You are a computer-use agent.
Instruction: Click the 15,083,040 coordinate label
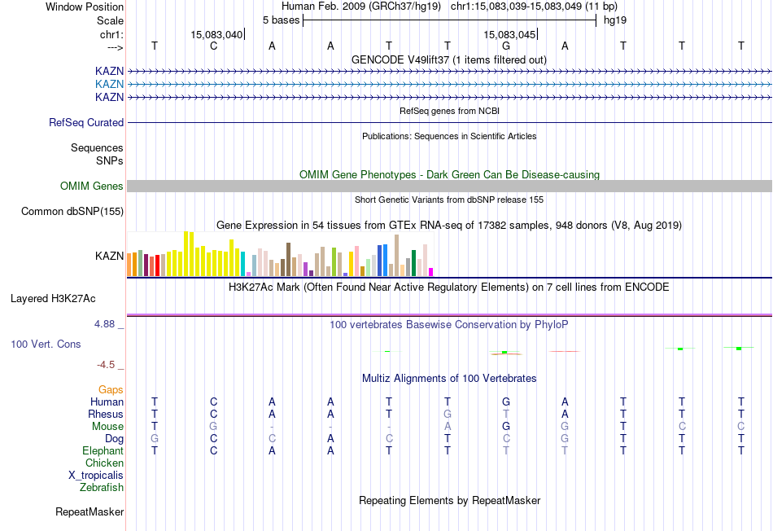tap(216, 34)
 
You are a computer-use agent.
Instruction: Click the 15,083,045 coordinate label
tap(509, 34)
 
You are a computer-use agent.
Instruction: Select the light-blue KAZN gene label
tap(109, 84)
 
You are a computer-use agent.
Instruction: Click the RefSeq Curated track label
tap(86, 122)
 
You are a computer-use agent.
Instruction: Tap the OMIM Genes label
tap(92, 186)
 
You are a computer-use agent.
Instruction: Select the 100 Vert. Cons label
tap(46, 344)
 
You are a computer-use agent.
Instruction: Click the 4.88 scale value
tap(108, 324)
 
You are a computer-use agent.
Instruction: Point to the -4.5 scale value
tap(110, 364)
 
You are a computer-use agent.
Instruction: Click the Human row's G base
tap(506, 402)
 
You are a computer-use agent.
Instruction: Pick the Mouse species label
tap(107, 426)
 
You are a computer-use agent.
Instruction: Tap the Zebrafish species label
tap(102, 488)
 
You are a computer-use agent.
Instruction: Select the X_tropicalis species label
tap(96, 476)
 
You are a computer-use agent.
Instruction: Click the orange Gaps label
tap(111, 389)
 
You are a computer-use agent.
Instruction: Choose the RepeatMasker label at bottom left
tap(90, 512)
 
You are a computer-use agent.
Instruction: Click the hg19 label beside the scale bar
tap(614, 19)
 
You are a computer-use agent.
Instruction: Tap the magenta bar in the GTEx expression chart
tap(431, 271)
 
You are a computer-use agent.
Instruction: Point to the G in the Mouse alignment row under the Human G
tap(506, 426)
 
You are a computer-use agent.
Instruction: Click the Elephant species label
tap(103, 450)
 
